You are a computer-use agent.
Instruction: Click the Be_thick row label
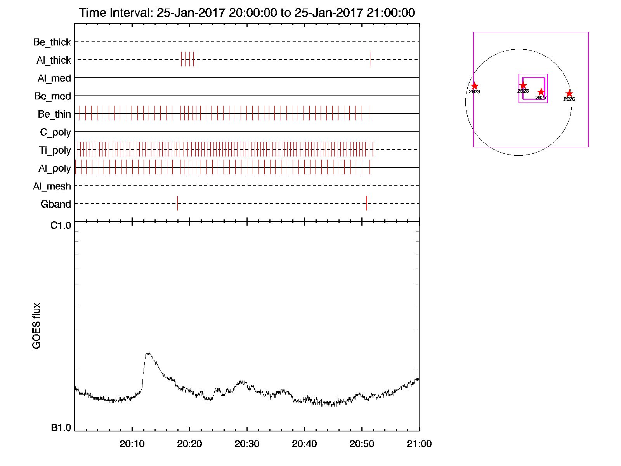(x=52, y=42)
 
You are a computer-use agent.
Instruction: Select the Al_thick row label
(x=54, y=60)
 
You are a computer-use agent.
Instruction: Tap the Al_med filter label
(x=54, y=78)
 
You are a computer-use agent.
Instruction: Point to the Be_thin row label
(x=54, y=114)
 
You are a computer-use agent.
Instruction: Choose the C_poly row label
(x=56, y=132)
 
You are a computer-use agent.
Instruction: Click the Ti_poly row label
(x=55, y=150)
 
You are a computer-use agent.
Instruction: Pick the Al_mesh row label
(x=52, y=186)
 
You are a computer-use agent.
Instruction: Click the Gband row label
(x=56, y=204)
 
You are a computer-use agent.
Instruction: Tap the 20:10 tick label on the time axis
(x=132, y=444)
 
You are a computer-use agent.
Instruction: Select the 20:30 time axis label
(x=247, y=444)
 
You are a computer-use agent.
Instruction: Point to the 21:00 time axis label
(x=419, y=444)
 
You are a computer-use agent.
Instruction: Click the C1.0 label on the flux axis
(x=61, y=226)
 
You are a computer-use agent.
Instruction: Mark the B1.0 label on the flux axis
(x=61, y=428)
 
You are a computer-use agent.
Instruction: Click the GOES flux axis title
(x=36, y=326)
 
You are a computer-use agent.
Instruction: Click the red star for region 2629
(x=474, y=86)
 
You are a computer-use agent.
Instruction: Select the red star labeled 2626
(x=569, y=94)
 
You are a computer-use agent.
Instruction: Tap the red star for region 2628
(x=523, y=85)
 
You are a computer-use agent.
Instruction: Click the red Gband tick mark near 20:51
(x=367, y=203)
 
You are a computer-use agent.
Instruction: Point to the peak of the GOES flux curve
(x=148, y=353)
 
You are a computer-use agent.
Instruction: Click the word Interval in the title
(x=130, y=13)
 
